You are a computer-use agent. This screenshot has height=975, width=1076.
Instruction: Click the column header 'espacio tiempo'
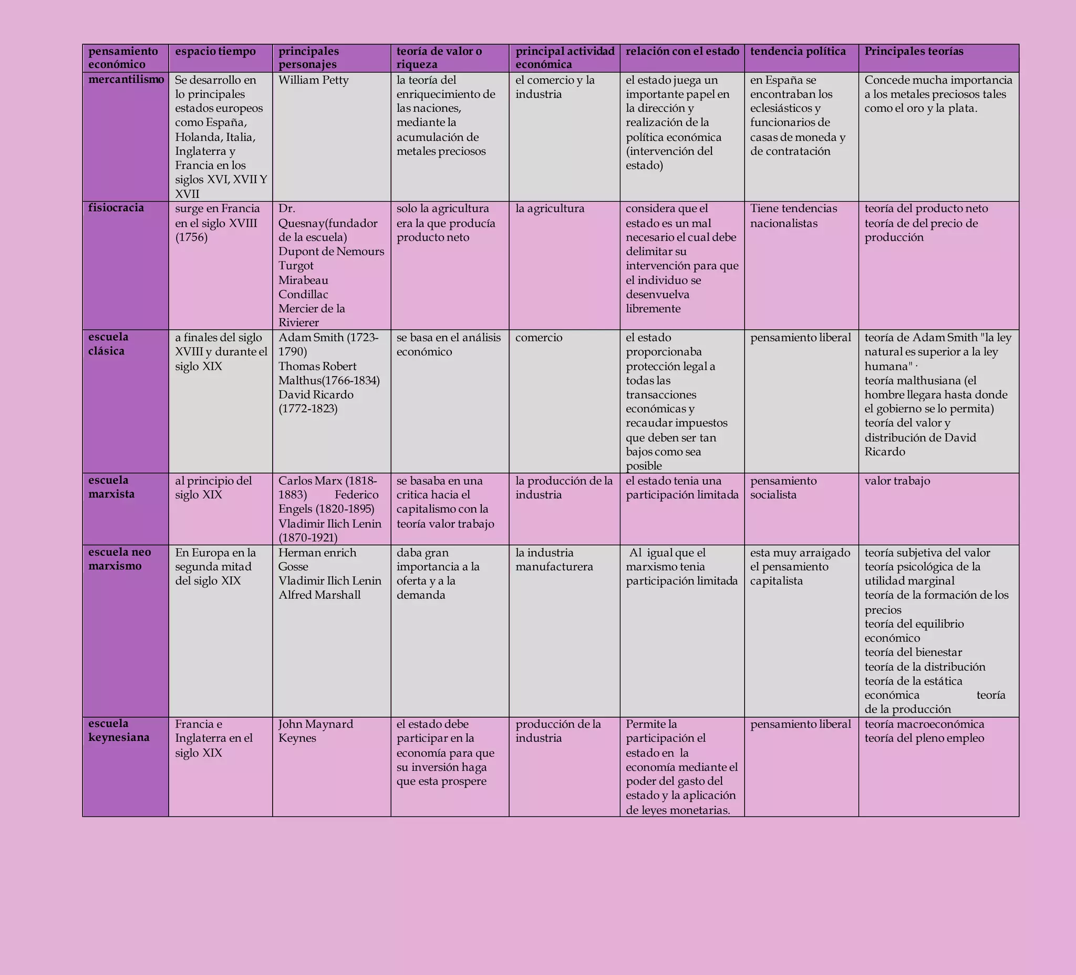click(215, 52)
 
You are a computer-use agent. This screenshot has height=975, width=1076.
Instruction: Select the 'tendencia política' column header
click(798, 52)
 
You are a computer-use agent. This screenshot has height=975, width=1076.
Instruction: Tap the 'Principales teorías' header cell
click(914, 52)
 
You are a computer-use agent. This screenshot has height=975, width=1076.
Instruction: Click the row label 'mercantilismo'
click(126, 79)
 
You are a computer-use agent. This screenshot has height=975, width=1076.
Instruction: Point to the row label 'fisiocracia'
click(116, 208)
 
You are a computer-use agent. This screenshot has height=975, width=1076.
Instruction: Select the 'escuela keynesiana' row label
click(119, 730)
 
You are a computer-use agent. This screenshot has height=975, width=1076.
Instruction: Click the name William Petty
click(313, 80)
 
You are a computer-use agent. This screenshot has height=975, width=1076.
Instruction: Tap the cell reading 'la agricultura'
click(550, 209)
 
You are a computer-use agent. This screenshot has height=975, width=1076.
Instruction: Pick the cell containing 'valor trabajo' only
click(897, 481)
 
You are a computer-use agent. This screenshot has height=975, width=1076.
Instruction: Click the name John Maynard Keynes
click(315, 731)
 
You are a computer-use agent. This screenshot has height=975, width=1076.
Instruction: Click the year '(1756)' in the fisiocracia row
click(191, 237)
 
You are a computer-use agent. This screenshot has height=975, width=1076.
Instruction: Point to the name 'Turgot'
click(296, 266)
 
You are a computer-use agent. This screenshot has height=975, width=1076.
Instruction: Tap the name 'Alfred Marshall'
click(319, 595)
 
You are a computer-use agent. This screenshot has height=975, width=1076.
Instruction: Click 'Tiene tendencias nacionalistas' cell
click(793, 215)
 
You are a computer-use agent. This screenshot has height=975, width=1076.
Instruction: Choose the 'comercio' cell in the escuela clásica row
click(539, 338)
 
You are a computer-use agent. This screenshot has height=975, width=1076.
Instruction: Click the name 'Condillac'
click(303, 295)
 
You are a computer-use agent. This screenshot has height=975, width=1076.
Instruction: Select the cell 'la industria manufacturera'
click(554, 559)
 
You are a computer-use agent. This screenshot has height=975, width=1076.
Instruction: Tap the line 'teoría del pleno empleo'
click(924, 738)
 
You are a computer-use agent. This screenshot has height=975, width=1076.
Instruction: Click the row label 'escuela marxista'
click(111, 486)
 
